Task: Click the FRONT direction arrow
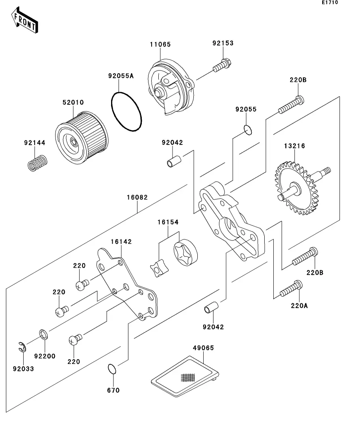click(x=24, y=22)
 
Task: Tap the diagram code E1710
click(x=330, y=3)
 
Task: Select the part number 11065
click(x=160, y=44)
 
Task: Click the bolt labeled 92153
click(x=223, y=65)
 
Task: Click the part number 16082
click(x=137, y=198)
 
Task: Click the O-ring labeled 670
click(x=112, y=369)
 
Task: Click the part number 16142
click(x=121, y=242)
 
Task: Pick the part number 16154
click(x=168, y=222)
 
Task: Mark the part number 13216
click(x=295, y=146)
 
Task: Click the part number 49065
click(x=203, y=348)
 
